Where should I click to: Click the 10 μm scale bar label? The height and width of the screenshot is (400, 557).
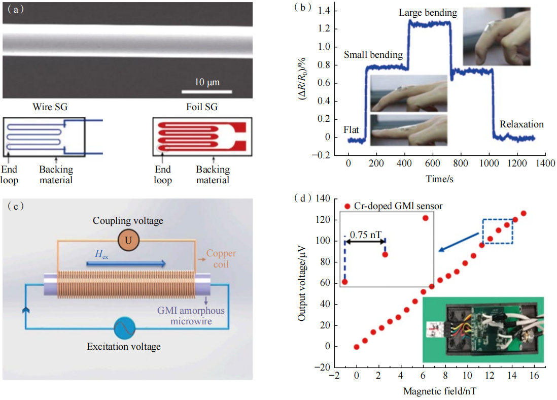tap(206, 82)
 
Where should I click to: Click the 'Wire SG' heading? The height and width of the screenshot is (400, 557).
tap(50, 107)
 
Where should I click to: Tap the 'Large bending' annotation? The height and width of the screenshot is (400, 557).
tap(428, 13)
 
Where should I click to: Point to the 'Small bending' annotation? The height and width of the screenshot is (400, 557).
tap(373, 55)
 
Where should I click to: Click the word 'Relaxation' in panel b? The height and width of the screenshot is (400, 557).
tap(521, 124)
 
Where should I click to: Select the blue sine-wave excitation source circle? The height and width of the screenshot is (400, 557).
tap(123, 328)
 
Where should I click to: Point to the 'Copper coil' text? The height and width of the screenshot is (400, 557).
tap(221, 258)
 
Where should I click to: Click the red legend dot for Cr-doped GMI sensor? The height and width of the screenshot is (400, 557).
tap(347, 206)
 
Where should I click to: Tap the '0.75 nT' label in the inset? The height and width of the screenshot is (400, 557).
tap(367, 235)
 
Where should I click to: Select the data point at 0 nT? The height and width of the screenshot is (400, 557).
tap(357, 347)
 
